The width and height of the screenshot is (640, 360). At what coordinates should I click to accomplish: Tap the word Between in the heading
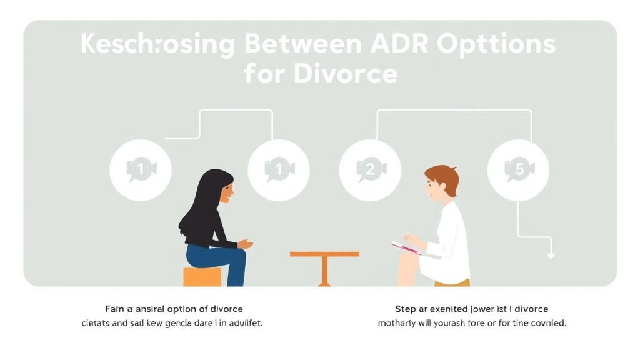[302, 45]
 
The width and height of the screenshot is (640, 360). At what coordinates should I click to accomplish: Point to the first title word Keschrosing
[158, 45]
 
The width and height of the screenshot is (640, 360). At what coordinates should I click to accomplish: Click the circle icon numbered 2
[370, 169]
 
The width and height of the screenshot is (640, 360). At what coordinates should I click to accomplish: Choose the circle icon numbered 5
[518, 169]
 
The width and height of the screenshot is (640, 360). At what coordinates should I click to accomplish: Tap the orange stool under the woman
[202, 276]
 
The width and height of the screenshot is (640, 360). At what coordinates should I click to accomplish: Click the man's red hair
[444, 176]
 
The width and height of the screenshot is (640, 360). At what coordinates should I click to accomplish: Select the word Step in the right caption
[406, 309]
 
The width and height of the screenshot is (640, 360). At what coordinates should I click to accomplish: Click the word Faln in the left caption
[115, 309]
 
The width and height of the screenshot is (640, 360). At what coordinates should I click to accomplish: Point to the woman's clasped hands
[245, 244]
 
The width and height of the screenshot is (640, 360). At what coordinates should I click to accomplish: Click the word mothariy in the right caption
[399, 324]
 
